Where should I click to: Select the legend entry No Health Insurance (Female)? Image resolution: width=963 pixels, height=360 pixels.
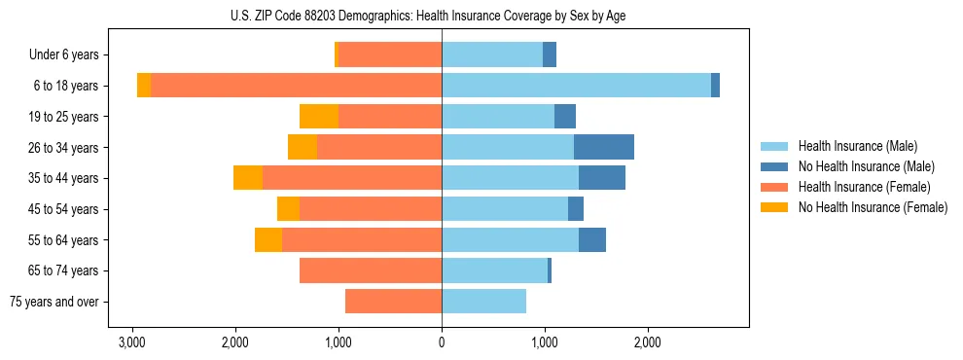[872, 207]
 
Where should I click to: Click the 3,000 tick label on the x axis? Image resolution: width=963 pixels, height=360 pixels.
[132, 342]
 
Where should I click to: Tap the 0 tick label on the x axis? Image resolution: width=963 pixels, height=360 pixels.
[442, 342]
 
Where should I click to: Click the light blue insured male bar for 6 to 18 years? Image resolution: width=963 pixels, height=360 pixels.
[576, 86]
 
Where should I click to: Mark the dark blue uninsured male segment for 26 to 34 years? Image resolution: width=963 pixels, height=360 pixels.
[604, 147]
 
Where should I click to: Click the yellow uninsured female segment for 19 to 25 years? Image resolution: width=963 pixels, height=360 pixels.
[319, 117]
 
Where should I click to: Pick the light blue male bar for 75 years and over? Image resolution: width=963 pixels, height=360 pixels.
[483, 302]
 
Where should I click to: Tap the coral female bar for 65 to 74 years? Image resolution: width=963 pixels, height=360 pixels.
[371, 270]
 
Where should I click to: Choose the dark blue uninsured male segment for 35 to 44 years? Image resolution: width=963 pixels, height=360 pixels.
[602, 178]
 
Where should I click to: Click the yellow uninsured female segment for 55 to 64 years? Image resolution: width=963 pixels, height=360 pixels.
[268, 239]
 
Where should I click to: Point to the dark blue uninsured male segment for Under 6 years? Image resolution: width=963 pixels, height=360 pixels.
[550, 55]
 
